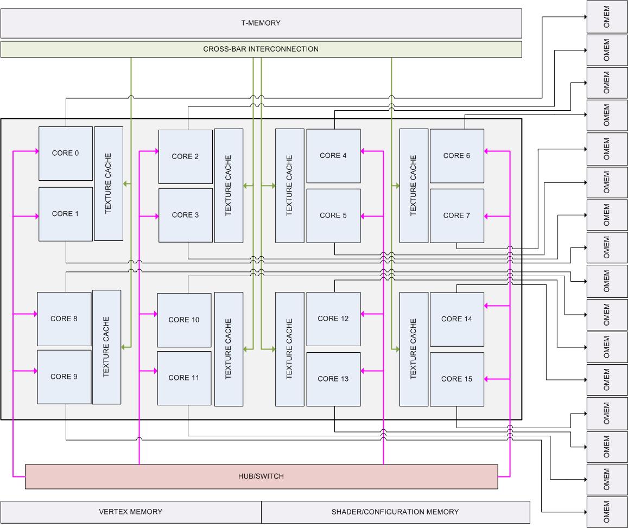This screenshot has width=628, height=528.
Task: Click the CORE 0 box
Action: pyautogui.click(x=66, y=153)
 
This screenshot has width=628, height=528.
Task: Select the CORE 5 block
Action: pyautogui.click(x=333, y=215)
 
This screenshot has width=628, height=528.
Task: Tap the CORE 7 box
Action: pyautogui.click(x=456, y=215)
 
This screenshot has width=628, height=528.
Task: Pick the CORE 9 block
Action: pyautogui.click(x=64, y=377)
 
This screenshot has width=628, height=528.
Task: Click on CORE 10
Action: pyautogui.click(x=184, y=320)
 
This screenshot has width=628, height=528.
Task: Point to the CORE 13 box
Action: pyautogui.click(x=333, y=379)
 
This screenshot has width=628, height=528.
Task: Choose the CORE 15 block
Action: pyautogui.click(x=456, y=379)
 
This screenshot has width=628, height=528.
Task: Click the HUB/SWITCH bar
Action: pyautogui.click(x=261, y=476)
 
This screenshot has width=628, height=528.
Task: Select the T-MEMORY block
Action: pyautogui.click(x=261, y=23)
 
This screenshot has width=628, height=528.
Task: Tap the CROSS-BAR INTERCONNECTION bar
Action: pyautogui.click(x=261, y=49)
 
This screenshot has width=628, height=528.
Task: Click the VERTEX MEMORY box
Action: pyautogui.click(x=131, y=512)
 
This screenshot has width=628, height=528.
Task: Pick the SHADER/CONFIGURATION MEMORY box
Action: pyautogui.click(x=395, y=512)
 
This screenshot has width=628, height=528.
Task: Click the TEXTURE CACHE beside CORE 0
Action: pyautogui.click(x=109, y=183)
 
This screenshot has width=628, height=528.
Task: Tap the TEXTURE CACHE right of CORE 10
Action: pyautogui.click(x=229, y=349)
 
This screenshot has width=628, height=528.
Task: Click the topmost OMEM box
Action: pyautogui.click(x=607, y=17)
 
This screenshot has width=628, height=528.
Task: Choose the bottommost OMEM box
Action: pyautogui.click(x=607, y=512)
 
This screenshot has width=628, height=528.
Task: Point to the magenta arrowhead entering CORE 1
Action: pyautogui.click(x=35, y=217)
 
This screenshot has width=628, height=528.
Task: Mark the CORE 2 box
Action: pyautogui.click(x=186, y=157)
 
